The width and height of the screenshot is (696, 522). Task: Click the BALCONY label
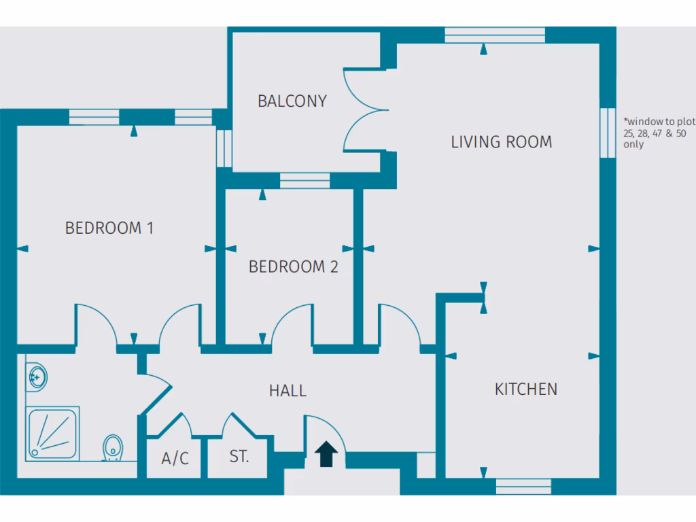point(292,101)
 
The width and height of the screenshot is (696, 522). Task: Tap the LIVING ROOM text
point(502,142)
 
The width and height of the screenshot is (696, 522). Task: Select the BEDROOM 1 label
point(109,228)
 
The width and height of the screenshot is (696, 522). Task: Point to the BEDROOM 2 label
point(293,267)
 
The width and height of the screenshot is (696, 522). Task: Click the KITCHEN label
point(525,389)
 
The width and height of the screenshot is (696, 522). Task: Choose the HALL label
point(288,391)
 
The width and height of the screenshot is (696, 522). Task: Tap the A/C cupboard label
point(175,459)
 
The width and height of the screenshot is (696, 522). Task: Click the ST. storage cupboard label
point(239,457)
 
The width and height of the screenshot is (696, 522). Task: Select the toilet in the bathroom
point(113,449)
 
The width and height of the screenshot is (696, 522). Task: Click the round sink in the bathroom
point(36,375)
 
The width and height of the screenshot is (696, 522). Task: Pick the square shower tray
point(53,434)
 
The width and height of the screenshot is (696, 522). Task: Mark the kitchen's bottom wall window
point(523,486)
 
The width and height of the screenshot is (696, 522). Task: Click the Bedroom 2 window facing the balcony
point(304,180)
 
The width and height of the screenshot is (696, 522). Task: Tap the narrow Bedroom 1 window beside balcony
point(224,147)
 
